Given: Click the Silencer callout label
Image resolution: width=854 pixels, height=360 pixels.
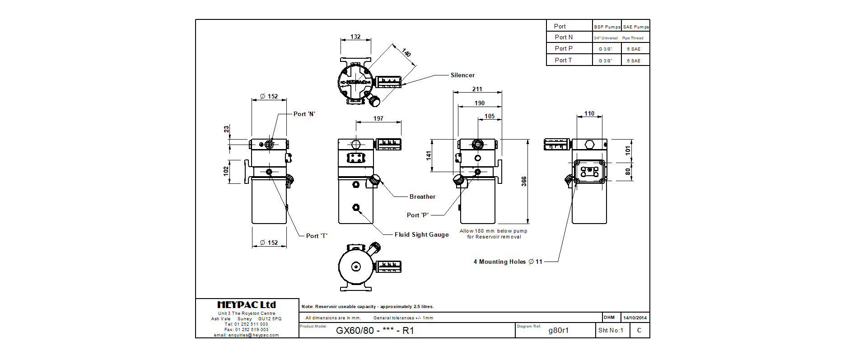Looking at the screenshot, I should click(x=462, y=75).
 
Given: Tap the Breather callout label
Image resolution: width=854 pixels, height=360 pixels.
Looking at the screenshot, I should click(x=422, y=197).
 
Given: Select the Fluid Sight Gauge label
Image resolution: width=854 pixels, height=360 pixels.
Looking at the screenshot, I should click(x=421, y=235).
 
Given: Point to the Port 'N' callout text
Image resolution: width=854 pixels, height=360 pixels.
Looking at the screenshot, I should click(x=304, y=114).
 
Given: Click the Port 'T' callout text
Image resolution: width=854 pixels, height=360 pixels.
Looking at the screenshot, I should click(x=317, y=236).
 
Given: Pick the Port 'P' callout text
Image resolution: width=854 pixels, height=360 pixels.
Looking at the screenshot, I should click(x=418, y=215).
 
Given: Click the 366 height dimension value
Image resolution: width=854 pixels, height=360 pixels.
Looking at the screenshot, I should click(x=524, y=181).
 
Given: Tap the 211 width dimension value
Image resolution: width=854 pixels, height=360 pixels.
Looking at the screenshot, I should click(x=477, y=89).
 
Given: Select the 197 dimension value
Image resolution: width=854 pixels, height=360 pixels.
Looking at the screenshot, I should click(x=378, y=119).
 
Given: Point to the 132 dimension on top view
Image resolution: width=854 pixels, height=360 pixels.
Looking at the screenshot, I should click(x=355, y=37).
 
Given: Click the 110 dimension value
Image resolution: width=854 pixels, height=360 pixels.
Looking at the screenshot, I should click(x=589, y=114).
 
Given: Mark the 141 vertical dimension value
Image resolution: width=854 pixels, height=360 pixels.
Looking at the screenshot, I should click(x=429, y=155).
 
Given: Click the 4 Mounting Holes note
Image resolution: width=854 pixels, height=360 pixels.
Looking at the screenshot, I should click(x=508, y=262).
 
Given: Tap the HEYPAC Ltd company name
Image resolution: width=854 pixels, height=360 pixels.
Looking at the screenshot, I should click(x=247, y=305).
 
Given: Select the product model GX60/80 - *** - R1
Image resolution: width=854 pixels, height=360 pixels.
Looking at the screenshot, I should click(x=375, y=331).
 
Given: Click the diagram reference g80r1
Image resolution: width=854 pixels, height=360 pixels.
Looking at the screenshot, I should click(x=559, y=331).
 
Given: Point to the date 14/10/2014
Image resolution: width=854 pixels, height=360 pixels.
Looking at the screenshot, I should click(x=635, y=318).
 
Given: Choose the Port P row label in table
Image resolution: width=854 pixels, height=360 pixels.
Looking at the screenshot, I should click(x=564, y=49).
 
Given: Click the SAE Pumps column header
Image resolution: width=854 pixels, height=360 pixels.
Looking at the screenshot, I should click(x=636, y=27).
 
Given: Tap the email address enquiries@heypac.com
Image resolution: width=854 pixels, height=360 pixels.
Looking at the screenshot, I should click(x=247, y=335).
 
